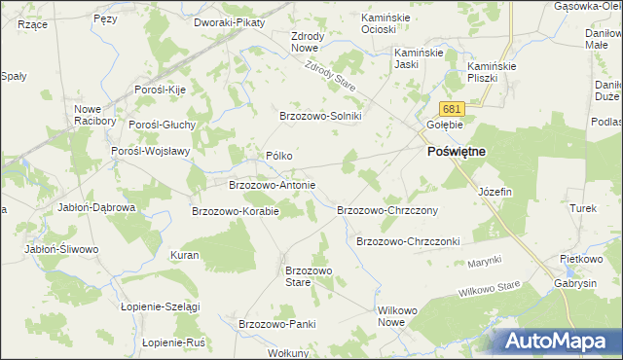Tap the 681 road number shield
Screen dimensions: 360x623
pyautogui.click(x=450, y=109)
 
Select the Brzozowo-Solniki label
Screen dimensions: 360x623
pyautogui.click(x=320, y=116)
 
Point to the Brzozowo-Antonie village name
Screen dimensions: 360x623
pyautogui.click(x=272, y=184)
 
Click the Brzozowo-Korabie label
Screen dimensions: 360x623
pyautogui.click(x=236, y=210)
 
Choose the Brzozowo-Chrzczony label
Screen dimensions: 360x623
pyautogui.click(x=386, y=210)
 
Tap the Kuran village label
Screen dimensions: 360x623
pyautogui.click(x=184, y=255)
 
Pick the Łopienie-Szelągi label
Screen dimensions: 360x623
pyautogui.click(x=160, y=306)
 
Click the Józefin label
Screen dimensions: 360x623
pyautogui.click(x=495, y=192)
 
